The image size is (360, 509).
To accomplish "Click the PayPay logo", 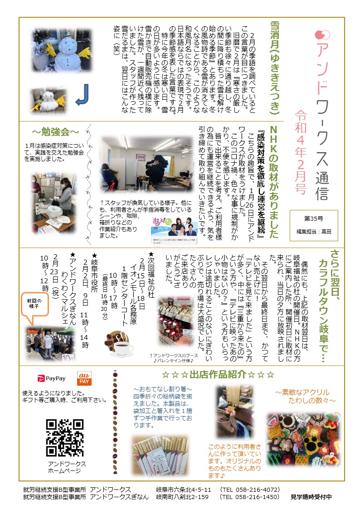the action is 52,378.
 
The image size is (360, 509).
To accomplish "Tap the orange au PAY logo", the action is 84,378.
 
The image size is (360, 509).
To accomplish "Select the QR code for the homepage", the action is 64,437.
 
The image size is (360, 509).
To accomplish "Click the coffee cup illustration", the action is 119,344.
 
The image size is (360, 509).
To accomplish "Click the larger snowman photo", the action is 62,51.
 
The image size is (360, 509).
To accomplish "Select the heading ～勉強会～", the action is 55,132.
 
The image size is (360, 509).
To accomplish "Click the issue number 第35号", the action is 314,218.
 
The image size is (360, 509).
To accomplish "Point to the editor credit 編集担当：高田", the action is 314,232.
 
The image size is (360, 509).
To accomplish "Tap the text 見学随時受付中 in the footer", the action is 311,497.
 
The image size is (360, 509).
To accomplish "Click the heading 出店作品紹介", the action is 218,374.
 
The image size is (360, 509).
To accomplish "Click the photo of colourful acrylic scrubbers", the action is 303,440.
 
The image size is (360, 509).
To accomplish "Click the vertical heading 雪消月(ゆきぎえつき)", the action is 275,68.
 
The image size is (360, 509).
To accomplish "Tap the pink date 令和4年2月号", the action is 301,152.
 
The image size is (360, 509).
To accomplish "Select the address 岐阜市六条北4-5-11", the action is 184,490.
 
